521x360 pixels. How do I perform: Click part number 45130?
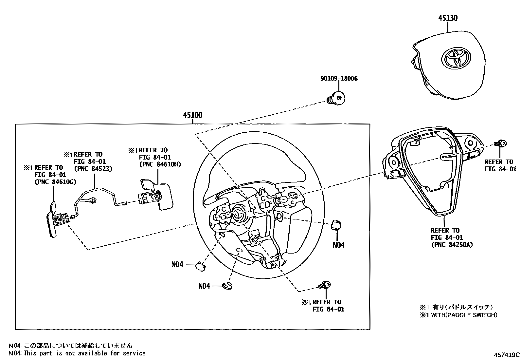coord(448,18)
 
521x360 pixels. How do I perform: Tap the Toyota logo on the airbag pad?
coord(457,59)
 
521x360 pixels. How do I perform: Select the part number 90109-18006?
coord(339,79)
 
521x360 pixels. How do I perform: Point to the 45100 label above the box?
coord(192,115)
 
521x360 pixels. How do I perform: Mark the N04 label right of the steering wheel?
coord(338,245)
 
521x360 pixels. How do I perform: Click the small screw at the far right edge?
coord(501,143)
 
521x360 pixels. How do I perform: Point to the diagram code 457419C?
coord(507,354)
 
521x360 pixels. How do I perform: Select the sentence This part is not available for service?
coord(77,353)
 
